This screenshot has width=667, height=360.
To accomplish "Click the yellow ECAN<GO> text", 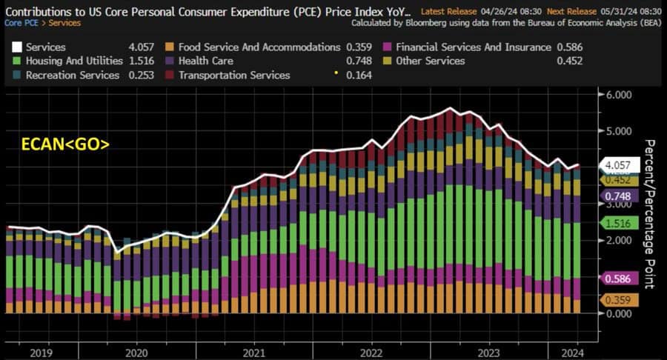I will click(x=64, y=144).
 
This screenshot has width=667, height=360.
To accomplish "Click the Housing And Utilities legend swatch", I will click(x=16, y=61).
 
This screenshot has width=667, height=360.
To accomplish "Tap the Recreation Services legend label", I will click(x=72, y=75).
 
